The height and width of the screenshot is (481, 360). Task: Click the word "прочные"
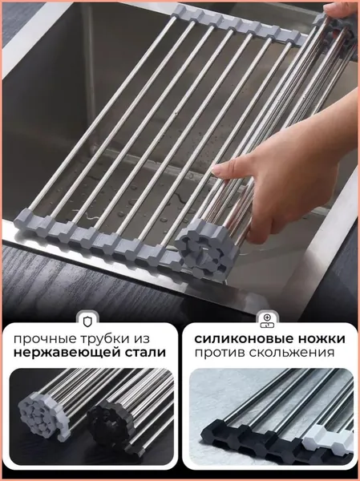click(x=41, y=340)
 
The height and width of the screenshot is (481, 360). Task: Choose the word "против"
click(x=218, y=353)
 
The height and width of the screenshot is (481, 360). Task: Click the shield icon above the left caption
click(x=87, y=321)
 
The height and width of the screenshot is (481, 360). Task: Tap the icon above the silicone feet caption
click(x=267, y=321)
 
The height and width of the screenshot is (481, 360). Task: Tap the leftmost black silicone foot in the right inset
click(x=220, y=434)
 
